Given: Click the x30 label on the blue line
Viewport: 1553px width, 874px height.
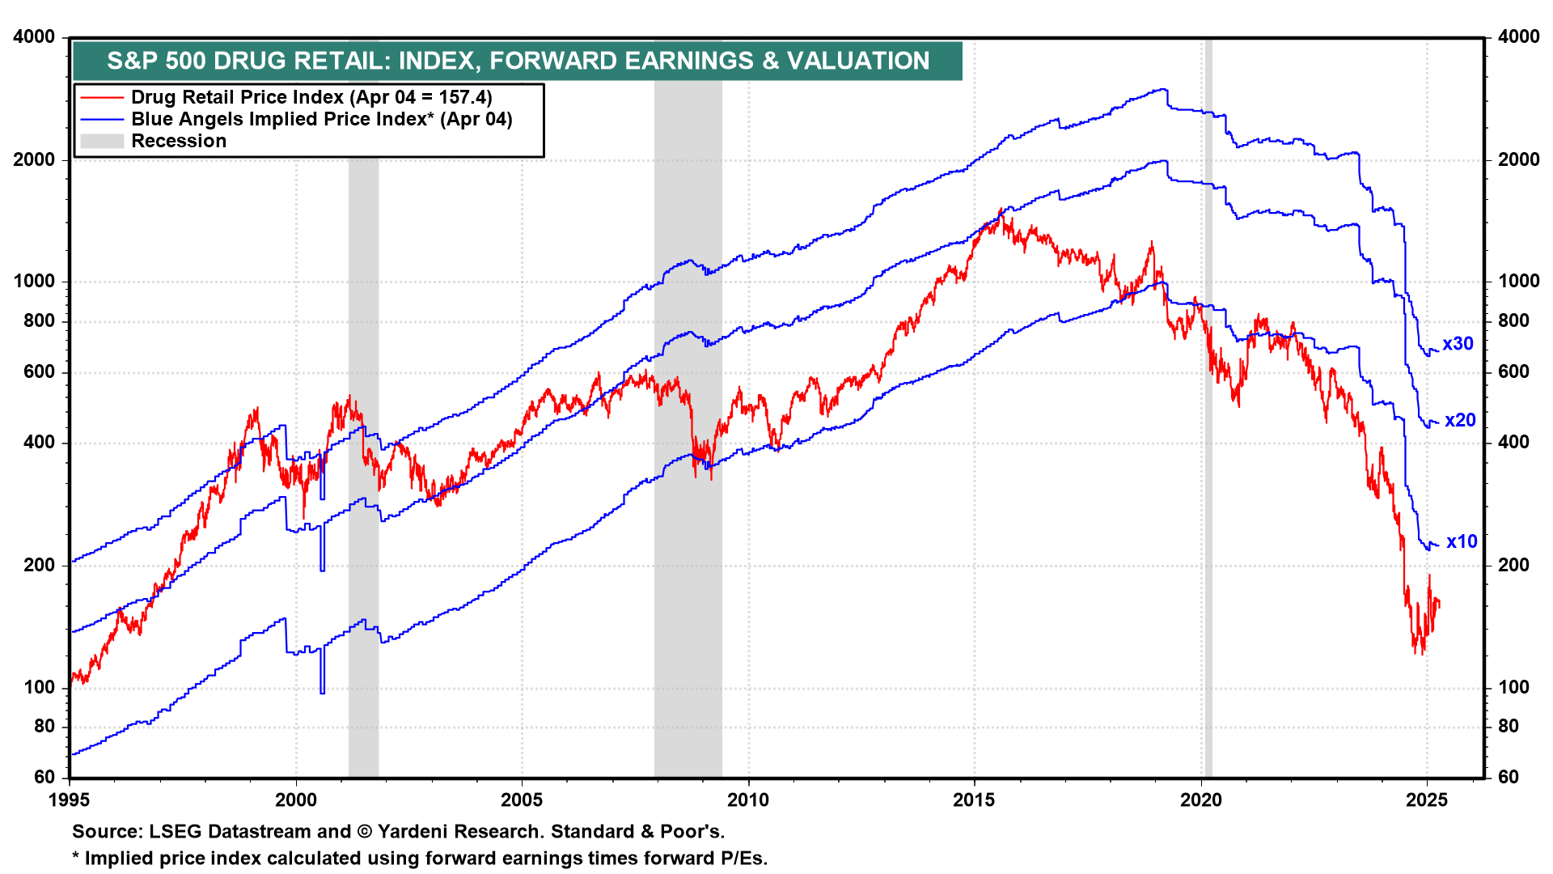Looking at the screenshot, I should tap(1458, 344).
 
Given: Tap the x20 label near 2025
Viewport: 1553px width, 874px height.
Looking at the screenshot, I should tap(1460, 421).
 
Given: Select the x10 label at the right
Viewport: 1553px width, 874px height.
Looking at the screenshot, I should tap(1462, 542).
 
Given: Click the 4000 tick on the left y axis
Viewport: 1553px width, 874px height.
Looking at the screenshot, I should tap(35, 37).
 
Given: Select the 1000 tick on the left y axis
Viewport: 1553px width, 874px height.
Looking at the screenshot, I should tap(35, 282).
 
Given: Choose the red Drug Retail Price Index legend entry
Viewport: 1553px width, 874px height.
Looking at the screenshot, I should tap(311, 98).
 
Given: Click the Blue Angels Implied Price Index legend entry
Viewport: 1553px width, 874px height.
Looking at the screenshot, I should tap(322, 120).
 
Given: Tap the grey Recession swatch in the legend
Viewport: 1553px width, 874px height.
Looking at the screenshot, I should tap(102, 142).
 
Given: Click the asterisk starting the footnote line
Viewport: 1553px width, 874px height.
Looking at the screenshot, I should tap(76, 857).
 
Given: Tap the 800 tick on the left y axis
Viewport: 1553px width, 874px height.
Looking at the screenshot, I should tap(39, 321).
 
